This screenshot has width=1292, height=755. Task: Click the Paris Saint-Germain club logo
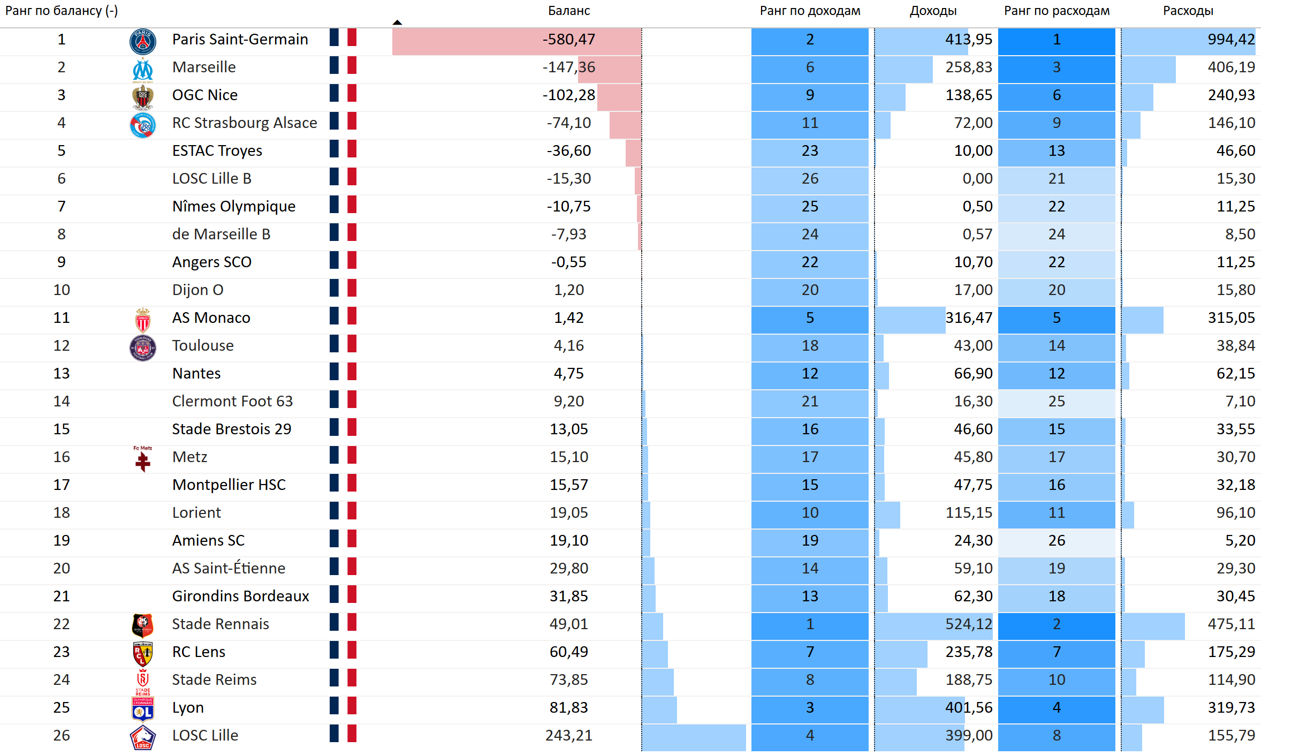point(143,42)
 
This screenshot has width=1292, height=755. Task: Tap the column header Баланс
point(568,11)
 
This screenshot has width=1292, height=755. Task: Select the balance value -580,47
point(568,40)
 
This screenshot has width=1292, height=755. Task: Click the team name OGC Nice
point(204,95)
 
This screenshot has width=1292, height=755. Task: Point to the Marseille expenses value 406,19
point(1231,67)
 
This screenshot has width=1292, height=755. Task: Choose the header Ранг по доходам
point(810,11)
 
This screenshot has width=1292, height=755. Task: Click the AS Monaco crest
point(143,320)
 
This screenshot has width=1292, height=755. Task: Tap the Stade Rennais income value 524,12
point(968,624)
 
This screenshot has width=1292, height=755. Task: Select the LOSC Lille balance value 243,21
point(568,736)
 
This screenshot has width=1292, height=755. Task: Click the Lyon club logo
point(143,709)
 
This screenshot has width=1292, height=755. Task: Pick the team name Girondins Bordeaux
point(240,597)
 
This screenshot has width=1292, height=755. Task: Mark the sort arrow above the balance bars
point(397,22)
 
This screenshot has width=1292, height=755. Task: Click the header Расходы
point(1188,11)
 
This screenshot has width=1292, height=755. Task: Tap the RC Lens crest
point(143,653)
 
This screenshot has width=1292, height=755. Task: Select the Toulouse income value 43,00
point(972,346)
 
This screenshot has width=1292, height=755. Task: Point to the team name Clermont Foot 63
point(232,402)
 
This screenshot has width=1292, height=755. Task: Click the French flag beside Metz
point(343,456)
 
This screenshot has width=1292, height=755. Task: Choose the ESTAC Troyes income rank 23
point(810,151)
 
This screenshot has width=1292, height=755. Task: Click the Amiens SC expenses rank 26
point(1056,541)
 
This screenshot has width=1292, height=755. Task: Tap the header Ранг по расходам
point(1057,11)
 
